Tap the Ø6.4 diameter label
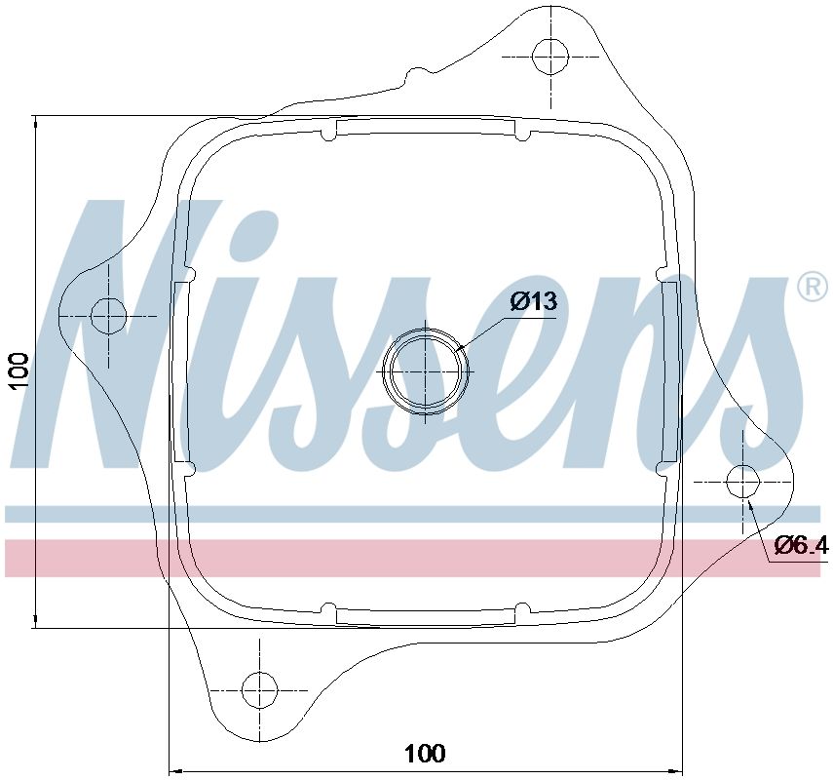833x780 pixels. (801, 547)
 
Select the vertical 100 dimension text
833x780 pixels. (20, 371)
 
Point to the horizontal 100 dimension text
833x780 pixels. (424, 753)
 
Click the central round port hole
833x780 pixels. (426, 370)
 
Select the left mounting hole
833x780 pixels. (108, 316)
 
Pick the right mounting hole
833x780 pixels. (743, 481)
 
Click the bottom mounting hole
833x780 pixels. (260, 689)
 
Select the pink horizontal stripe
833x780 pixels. (409, 557)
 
